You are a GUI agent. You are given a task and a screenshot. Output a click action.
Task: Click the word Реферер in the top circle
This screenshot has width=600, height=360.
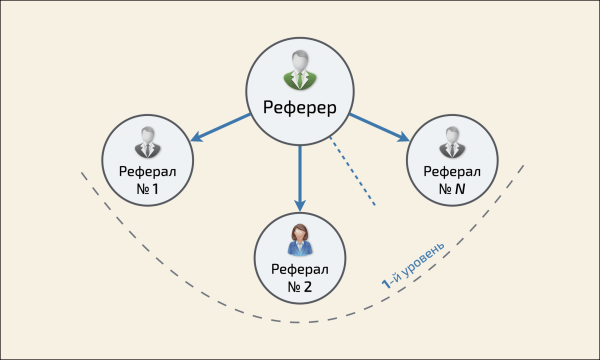coord(299,107)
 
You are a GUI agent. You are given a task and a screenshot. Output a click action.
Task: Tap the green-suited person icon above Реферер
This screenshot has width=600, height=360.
coord(299,70)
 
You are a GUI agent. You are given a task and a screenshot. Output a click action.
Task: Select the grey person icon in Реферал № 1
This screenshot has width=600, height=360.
coord(147,141)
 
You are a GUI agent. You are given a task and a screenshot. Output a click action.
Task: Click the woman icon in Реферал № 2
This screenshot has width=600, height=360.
coord(299,238)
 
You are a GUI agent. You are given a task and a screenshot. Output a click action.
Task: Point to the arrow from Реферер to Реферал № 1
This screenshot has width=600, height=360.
coord(222,127)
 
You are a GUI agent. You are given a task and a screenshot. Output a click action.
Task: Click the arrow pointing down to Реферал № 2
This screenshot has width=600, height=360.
coord(299,175)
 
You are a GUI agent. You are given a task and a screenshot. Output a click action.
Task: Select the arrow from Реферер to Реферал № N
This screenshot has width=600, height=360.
coord(377,127)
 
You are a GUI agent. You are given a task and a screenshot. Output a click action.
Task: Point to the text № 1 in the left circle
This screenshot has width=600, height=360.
coord(147,187)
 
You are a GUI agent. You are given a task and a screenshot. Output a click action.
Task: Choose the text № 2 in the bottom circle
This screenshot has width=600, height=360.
coord(300,286)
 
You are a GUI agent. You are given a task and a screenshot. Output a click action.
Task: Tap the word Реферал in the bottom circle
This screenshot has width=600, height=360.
coord(300,268)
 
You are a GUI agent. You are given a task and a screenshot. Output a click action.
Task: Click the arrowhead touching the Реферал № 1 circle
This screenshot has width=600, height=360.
coord(199,137)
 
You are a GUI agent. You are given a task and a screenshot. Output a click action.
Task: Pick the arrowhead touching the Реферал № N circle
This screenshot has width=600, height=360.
coord(400,137)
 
